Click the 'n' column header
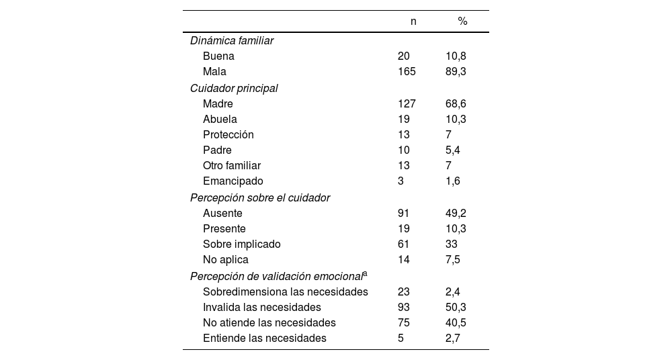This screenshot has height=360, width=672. pos(413,21)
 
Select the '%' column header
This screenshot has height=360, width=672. pos(462,21)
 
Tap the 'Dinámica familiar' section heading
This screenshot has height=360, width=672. pos(232,40)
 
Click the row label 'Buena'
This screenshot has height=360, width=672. pos(218,56)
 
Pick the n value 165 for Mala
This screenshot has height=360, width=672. pos(407,72)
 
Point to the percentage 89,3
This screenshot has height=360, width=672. pos(456,72)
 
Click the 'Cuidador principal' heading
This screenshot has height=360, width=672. pos(234,88)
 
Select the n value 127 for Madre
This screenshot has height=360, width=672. pos(407,103)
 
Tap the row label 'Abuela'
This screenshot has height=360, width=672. pos(220,119)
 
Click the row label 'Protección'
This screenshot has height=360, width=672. pos(228,134)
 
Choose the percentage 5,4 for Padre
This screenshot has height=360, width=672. pos(453,150)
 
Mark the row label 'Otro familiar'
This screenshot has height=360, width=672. pos(232,165)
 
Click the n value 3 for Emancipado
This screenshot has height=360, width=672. pos(401,181)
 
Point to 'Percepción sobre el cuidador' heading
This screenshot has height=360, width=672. pos(260,197)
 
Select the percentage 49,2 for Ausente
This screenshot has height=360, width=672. pos(456,213)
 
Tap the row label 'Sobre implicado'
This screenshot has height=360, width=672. pos(242,244)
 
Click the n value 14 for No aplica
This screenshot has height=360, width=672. pos(403,259)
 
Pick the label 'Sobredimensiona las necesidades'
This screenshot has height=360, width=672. pos(286,291)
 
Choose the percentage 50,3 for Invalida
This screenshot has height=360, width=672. pos(456,307)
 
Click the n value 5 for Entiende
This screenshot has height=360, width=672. pos(401,338)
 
